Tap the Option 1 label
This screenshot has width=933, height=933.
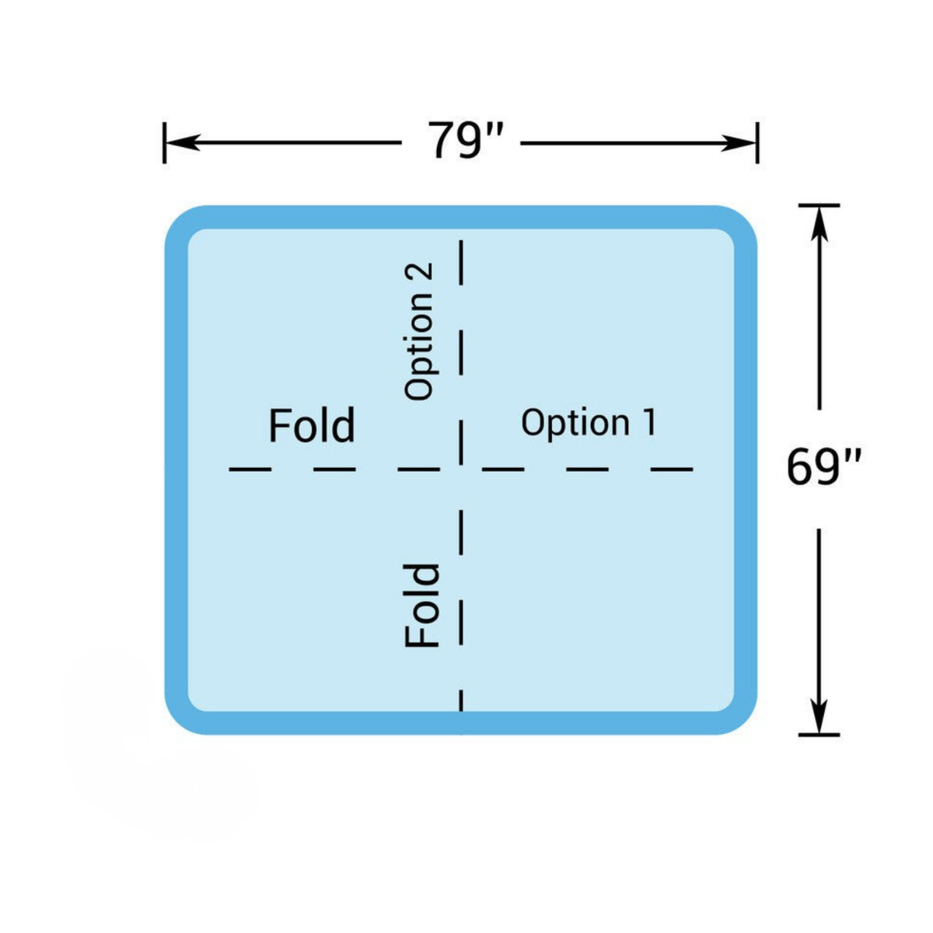[589, 422]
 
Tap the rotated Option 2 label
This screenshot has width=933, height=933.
[418, 332]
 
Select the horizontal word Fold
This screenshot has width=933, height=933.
[312, 425]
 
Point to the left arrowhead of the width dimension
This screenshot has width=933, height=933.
[184, 143]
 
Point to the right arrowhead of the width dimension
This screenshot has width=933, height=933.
[738, 143]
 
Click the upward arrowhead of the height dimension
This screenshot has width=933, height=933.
[819, 224]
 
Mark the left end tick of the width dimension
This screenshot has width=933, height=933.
[165, 143]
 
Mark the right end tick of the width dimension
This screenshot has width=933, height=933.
[758, 143]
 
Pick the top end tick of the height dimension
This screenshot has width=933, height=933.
[819, 205]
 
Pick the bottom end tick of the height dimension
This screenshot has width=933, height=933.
[819, 735]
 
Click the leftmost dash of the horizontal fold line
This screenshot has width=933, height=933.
[250, 469]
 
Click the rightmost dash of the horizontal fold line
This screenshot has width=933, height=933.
[672, 469]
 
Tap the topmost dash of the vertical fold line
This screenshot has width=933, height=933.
[461, 263]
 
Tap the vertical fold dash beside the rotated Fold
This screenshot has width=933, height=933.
[461, 622]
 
